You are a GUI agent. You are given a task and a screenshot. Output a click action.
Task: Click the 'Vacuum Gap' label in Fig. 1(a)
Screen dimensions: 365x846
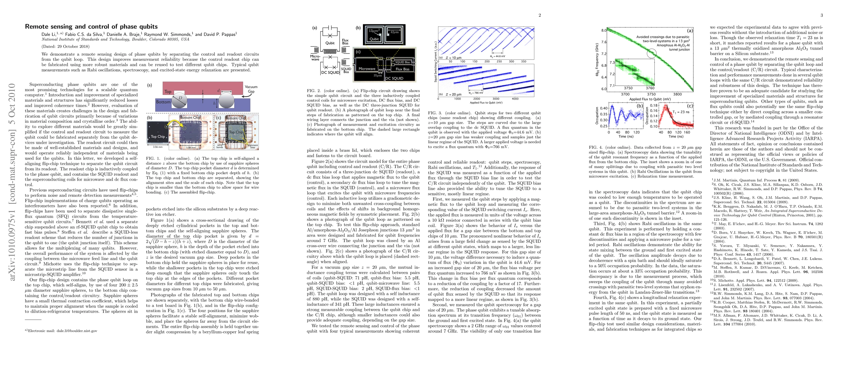(x=251, y=89)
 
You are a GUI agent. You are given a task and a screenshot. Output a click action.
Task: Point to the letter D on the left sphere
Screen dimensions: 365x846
(x=180, y=98)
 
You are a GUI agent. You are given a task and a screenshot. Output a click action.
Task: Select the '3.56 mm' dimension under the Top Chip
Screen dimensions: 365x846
(x=157, y=147)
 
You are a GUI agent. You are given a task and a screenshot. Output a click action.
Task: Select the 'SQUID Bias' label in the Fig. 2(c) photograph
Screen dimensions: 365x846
(x=402, y=62)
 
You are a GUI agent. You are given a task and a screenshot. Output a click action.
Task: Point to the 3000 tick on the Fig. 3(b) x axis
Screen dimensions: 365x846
(x=496, y=99)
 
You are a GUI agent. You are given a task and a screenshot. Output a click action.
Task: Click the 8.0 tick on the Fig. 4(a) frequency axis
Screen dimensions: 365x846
(x=604, y=30)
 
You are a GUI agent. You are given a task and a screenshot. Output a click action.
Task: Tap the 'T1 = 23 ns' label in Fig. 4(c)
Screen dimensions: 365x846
(x=681, y=112)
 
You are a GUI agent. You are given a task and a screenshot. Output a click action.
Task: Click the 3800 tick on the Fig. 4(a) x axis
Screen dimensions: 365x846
(x=677, y=94)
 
